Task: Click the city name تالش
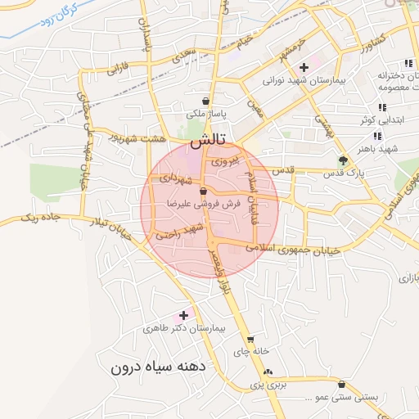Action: [x=209, y=142]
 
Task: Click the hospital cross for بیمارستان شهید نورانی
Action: [x=304, y=67]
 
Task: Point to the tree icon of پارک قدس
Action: [x=343, y=160]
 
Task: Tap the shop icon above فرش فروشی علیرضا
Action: [x=203, y=191]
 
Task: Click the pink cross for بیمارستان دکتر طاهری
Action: [x=183, y=315]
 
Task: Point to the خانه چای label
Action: [x=251, y=352]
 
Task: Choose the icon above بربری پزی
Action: [x=268, y=372]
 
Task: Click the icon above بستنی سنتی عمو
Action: [x=341, y=385]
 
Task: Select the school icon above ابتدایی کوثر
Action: [x=381, y=107]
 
